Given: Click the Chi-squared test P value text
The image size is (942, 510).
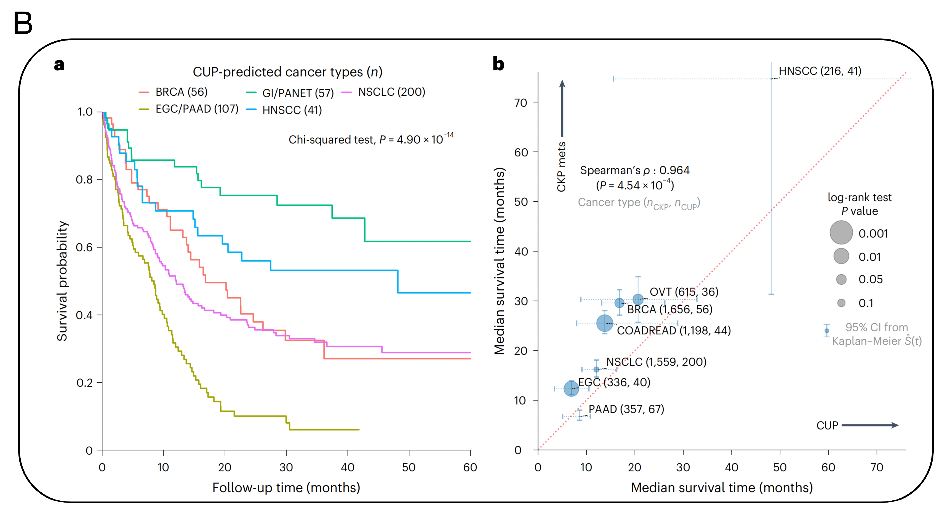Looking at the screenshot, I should pyautogui.click(x=371, y=139).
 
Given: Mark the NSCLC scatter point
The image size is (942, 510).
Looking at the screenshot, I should pyautogui.click(x=596, y=369).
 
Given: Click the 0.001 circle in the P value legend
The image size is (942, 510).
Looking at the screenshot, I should pyautogui.click(x=841, y=232).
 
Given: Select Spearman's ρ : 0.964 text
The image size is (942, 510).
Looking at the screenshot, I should pyautogui.click(x=634, y=170).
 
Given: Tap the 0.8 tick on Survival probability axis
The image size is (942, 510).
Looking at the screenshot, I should pyautogui.click(x=84, y=179).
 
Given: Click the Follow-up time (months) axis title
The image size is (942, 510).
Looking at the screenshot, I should pyautogui.click(x=286, y=488).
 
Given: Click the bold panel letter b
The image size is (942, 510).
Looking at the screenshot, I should pyautogui.click(x=498, y=64).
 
